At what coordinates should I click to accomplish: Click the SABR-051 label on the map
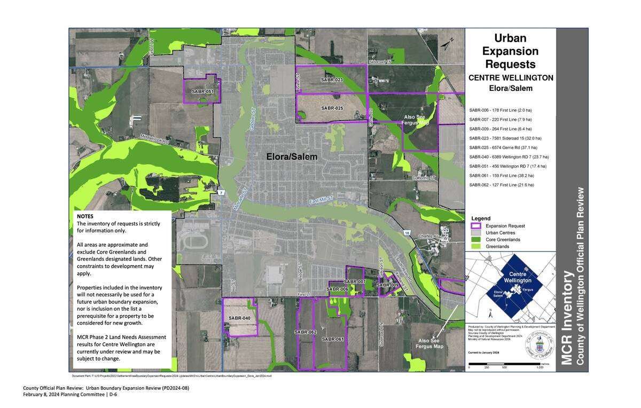(202, 92)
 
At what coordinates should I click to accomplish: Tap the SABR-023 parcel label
(332, 80)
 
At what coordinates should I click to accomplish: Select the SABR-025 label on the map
(332, 108)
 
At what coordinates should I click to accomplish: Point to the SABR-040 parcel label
(239, 318)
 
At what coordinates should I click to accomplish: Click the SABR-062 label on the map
(305, 332)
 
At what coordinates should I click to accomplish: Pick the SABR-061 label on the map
(333, 339)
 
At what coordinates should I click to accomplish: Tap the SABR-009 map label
(387, 285)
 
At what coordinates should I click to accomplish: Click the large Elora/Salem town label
(292, 157)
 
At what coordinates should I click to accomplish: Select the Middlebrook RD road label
(155, 139)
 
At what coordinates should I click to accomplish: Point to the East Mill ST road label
(321, 201)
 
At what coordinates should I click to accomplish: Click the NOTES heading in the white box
(85, 216)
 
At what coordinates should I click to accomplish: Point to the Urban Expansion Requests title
(510, 51)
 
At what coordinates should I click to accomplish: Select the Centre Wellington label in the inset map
(517, 277)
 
